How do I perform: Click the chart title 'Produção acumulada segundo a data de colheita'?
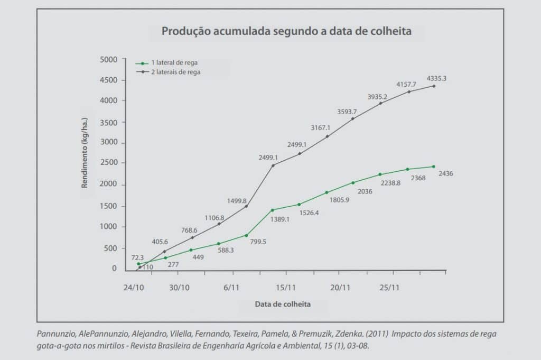286,31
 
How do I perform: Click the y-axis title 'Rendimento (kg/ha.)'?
85,153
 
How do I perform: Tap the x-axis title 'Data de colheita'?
283,304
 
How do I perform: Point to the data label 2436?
446,173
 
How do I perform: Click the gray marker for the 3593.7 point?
352,118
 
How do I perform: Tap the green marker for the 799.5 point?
246,235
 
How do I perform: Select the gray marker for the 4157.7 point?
408,91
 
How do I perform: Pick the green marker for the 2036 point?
353,183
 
